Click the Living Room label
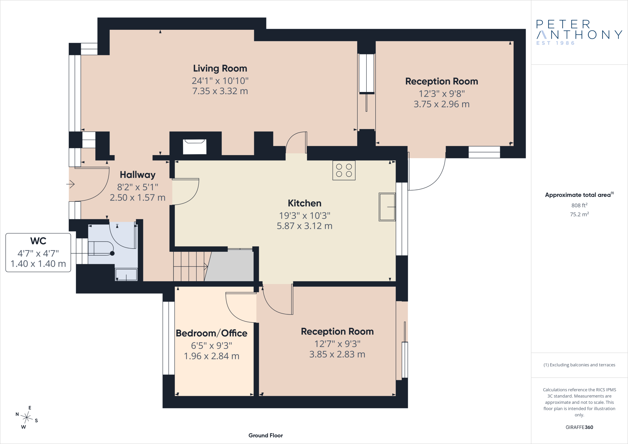click(220, 68)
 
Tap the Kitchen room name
click(304, 203)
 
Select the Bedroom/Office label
click(212, 333)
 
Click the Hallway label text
click(137, 175)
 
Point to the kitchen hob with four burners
click(344, 170)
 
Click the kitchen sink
click(387, 207)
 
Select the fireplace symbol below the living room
click(195, 147)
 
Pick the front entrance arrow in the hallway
click(71, 184)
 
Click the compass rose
click(27, 417)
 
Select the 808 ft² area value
click(579, 205)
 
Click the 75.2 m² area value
click(579, 214)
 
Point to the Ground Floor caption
click(266, 435)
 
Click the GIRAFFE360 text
click(579, 427)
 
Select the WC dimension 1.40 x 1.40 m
click(38, 264)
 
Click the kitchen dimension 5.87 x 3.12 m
click(304, 226)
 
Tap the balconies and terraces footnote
click(579, 365)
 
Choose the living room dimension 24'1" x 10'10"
click(220, 81)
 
